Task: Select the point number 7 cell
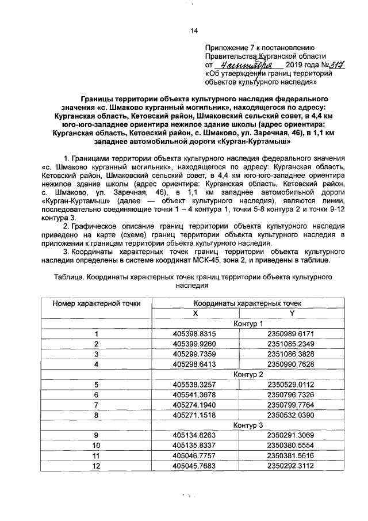(x=97, y=405)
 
